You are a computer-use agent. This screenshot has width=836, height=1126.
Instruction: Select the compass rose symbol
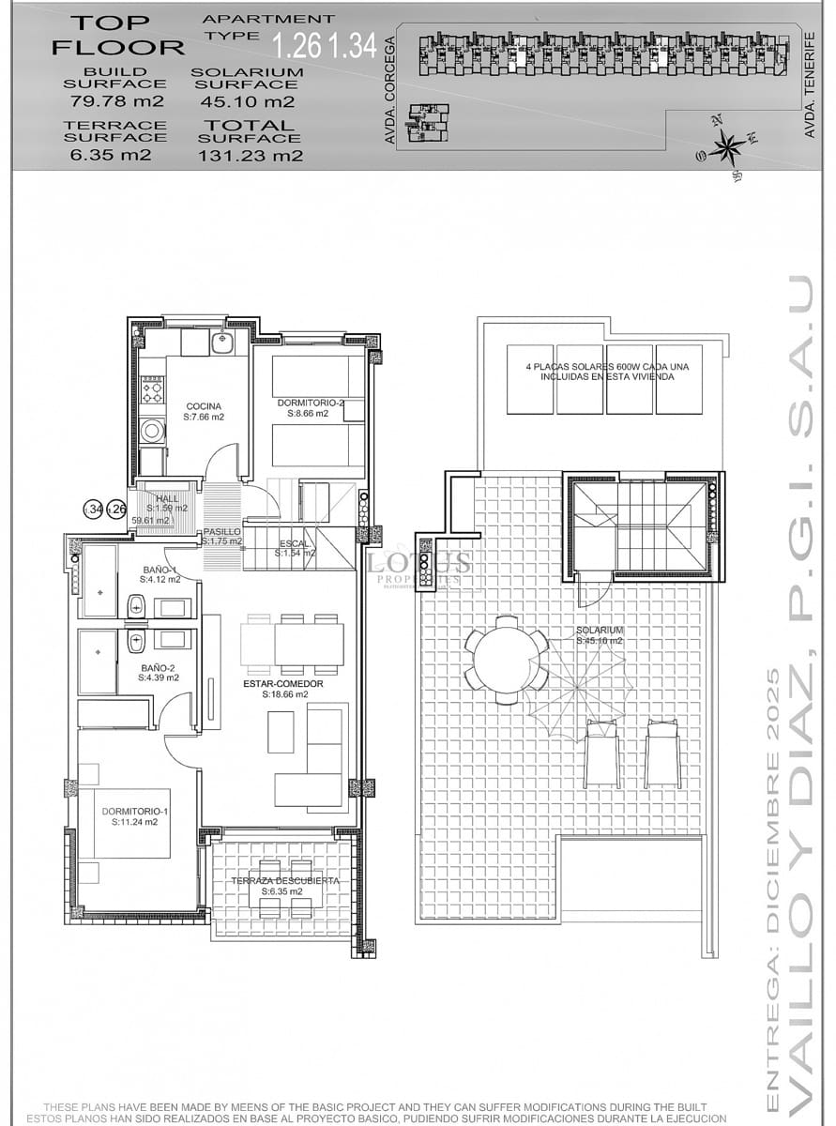(726, 146)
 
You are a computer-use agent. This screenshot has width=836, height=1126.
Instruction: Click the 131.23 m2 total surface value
(251, 156)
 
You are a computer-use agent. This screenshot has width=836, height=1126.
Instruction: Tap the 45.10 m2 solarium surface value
(247, 101)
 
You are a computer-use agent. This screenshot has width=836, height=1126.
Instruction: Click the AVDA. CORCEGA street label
(389, 89)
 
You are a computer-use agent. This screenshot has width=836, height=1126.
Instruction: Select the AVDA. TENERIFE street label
(810, 84)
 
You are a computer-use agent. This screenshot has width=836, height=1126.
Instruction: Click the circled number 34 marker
(94, 510)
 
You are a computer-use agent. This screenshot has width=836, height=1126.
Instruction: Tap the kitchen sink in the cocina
(222, 343)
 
